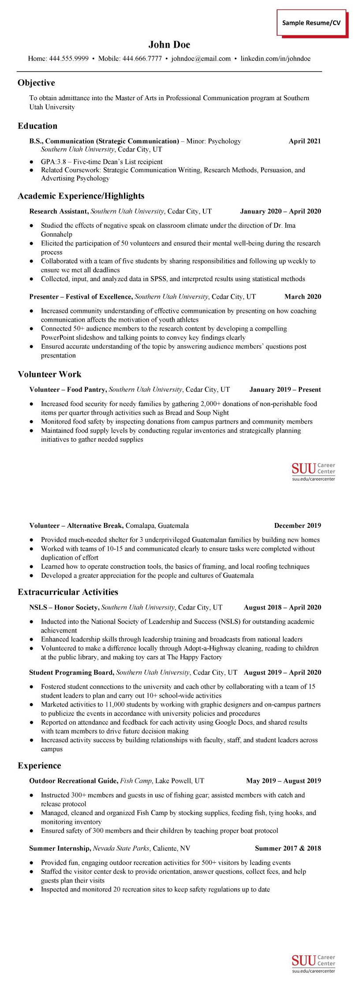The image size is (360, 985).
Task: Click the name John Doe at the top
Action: [x=169, y=45]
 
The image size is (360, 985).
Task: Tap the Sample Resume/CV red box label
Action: [x=311, y=23]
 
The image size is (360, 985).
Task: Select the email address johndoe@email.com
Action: [x=201, y=58]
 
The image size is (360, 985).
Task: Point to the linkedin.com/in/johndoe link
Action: [x=275, y=58]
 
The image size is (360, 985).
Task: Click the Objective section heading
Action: [x=36, y=83]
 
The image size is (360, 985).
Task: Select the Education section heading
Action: [x=37, y=126]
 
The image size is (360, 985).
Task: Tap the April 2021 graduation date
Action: [x=304, y=141]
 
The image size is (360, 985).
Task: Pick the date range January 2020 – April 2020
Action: [x=280, y=211]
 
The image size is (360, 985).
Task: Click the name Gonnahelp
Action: [x=56, y=234]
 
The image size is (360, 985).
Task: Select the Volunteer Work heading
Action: [x=49, y=374]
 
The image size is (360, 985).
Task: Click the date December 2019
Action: [x=297, y=526]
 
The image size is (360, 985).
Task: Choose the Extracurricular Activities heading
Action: [x=68, y=592]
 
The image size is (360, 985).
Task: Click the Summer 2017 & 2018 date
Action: [x=288, y=848]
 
